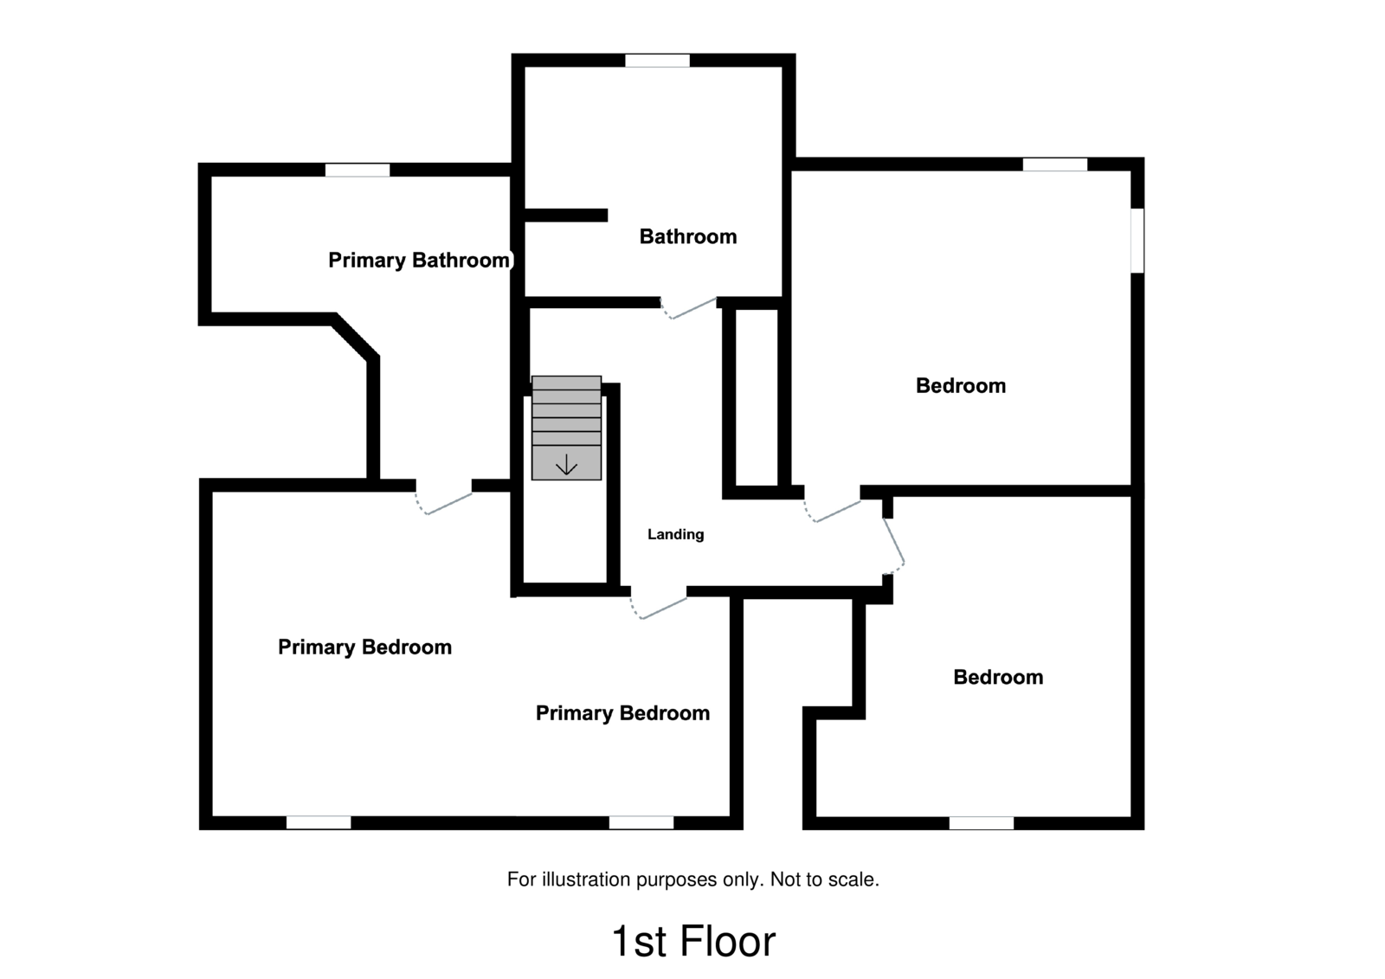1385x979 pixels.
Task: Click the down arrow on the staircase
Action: pyautogui.click(x=566, y=466)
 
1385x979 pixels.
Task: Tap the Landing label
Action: pyautogui.click(x=675, y=534)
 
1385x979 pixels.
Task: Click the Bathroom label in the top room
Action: pyautogui.click(x=688, y=236)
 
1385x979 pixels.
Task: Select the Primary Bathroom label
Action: pyautogui.click(x=419, y=260)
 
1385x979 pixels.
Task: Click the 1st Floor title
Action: pyautogui.click(x=692, y=941)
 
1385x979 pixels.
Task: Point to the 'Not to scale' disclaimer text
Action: pyautogui.click(x=692, y=879)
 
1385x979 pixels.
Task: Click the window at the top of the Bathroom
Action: pyautogui.click(x=657, y=61)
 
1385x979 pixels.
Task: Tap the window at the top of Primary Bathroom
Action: pyautogui.click(x=358, y=170)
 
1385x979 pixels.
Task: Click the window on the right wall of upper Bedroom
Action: pyautogui.click(x=1137, y=240)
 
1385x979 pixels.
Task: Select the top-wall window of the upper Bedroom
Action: pyautogui.click(x=1054, y=164)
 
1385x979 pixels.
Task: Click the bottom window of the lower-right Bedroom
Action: pyautogui.click(x=981, y=822)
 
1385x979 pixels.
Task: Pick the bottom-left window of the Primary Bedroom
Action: pyautogui.click(x=319, y=822)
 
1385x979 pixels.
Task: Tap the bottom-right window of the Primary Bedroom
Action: pyautogui.click(x=641, y=822)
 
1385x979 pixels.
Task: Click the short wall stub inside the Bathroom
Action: pyautogui.click(x=566, y=215)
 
